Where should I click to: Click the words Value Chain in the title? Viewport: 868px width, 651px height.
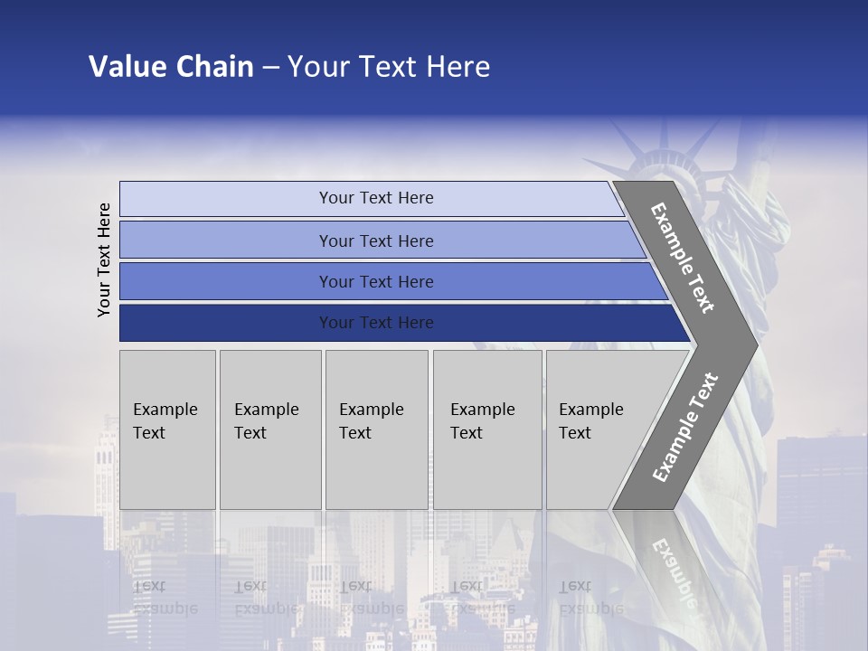171,67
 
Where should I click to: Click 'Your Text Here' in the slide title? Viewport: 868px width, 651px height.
389,67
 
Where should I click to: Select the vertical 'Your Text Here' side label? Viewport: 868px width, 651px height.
104,259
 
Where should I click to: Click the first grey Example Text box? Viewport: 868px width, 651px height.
167,429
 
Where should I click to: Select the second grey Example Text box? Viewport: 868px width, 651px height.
269,429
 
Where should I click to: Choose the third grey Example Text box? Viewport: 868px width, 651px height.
376,429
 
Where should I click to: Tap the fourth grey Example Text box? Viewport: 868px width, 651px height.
486,429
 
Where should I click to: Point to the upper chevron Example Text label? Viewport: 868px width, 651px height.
683,258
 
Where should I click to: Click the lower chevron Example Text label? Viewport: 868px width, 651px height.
685,428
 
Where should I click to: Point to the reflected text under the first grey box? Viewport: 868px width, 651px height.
165,597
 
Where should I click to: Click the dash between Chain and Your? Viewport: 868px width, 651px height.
269,67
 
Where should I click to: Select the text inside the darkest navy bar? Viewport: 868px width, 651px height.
376,323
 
